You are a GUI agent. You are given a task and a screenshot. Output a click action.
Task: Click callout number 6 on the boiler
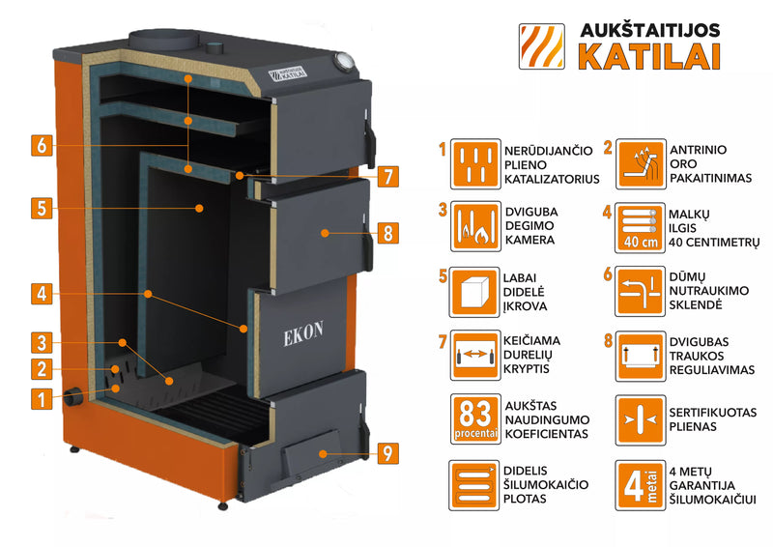coord(40,145)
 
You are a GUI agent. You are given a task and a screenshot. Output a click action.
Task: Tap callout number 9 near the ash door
coord(386,451)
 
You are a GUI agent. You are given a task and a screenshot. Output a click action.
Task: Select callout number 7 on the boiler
coord(386,177)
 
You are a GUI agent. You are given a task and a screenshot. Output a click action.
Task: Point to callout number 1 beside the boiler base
coord(40,397)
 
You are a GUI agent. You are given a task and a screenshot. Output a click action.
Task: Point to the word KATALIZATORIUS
coord(552,179)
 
